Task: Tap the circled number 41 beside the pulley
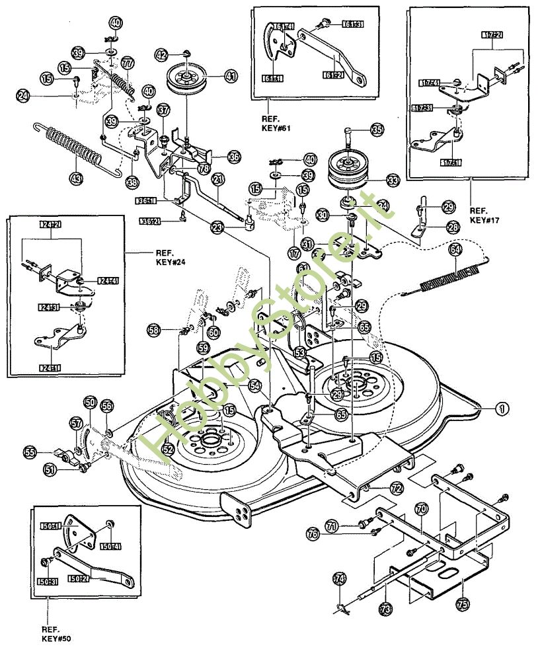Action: [x=230, y=77]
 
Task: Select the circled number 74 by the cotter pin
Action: [x=340, y=579]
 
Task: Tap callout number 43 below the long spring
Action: [x=77, y=178]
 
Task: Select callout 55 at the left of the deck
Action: [x=29, y=453]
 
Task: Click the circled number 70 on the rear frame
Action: [x=420, y=508]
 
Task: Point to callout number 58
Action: [x=153, y=329]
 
